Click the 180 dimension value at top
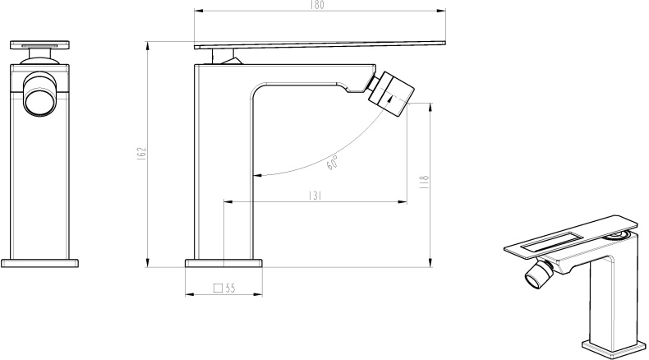[x=318, y=5]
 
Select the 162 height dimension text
[x=141, y=153]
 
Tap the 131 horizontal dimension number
[x=315, y=196]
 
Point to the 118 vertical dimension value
[x=424, y=182]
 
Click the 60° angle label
[x=333, y=163]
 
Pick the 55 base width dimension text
[x=231, y=288]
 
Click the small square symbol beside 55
[x=219, y=288]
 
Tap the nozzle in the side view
[x=391, y=94]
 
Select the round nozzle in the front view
[x=39, y=95]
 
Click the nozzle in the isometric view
[x=539, y=275]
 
